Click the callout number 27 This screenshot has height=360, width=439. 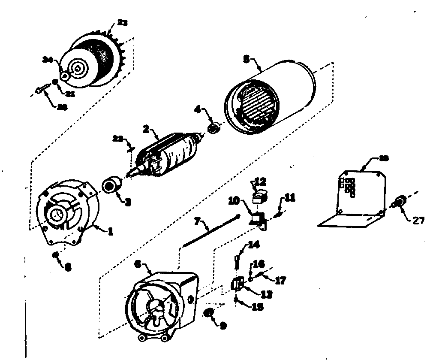point(418,221)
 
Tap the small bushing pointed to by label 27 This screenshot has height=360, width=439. point(401,200)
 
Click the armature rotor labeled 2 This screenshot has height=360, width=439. point(169,154)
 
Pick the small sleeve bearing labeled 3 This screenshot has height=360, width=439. point(113,186)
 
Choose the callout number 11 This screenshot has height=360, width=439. point(290,198)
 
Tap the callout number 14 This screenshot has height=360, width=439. point(254,245)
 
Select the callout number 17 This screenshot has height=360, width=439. point(280,281)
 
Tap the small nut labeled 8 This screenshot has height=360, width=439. point(56,255)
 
